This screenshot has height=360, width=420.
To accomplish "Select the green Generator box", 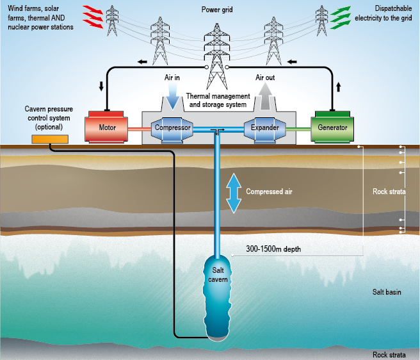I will [332, 127].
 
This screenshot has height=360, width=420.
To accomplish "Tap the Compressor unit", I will [172, 127].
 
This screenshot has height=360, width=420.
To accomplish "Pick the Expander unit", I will [264, 127].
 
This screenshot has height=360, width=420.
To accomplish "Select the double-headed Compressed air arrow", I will [234, 192].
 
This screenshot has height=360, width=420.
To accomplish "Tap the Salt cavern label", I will [219, 275].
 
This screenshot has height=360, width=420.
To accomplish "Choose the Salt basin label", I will [387, 292].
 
